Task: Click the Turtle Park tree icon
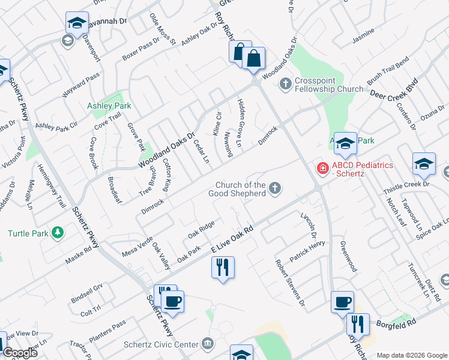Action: pos(58,232)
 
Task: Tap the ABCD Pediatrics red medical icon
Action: pos(322,168)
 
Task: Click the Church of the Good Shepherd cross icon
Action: pos(275,189)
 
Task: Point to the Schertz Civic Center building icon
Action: pos(208,344)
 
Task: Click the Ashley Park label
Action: pos(109,106)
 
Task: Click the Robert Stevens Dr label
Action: pos(290,282)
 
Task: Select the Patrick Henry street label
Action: pos(307,251)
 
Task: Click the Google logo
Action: pos(20,353)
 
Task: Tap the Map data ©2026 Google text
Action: pos(412,355)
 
